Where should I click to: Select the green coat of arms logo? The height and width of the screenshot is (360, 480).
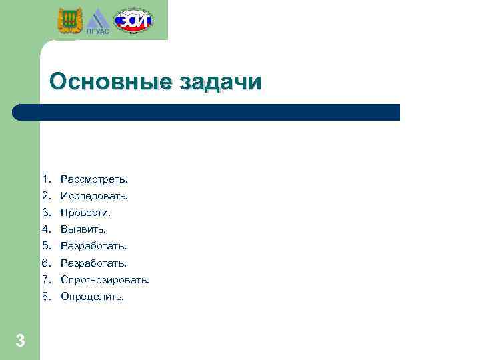point(68,21)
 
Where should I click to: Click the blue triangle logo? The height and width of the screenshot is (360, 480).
point(97,19)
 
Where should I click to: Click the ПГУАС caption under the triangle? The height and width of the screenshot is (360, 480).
point(97,30)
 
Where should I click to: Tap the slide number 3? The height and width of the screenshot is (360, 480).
point(20,341)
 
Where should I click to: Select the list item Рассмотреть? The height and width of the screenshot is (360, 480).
point(94,179)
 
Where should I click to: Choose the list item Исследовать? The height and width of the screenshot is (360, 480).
point(94,196)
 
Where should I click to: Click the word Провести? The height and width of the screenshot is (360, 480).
point(85,213)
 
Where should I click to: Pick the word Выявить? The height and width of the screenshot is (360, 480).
point(83,229)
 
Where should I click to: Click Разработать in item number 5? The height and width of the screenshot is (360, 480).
point(93,246)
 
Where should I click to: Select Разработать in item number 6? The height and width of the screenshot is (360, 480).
point(93,263)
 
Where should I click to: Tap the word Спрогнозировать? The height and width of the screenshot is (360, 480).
point(105,280)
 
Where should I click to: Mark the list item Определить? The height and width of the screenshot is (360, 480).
point(92,297)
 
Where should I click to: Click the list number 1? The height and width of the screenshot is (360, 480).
point(45,179)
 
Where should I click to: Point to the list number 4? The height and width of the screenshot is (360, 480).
point(45,229)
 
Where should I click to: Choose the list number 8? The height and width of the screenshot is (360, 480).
point(45,297)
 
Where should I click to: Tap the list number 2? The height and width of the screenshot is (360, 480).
point(45,196)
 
